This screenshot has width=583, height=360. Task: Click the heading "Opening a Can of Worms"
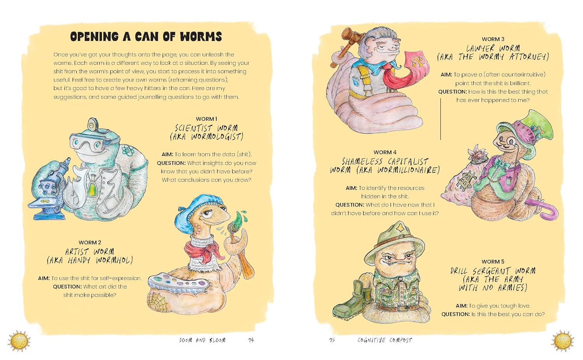tap(146, 37)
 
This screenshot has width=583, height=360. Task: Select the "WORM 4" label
tap(385, 152)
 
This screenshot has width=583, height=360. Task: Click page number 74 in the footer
tap(251, 340)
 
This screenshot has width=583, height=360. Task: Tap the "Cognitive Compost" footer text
tap(384, 340)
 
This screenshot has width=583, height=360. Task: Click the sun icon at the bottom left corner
tap(19, 341)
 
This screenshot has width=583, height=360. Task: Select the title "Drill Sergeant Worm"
tap(493, 271)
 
